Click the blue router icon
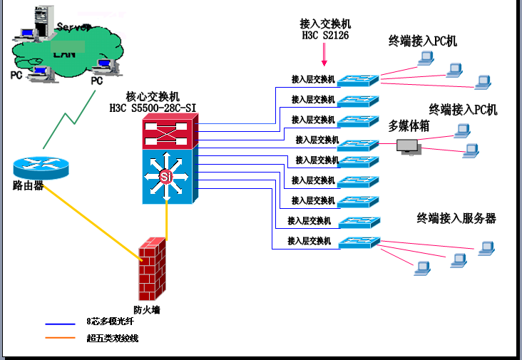point(41,165)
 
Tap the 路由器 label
point(29,186)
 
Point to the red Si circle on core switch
point(166,176)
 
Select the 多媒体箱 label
point(409,126)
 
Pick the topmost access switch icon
point(359,79)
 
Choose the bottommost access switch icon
point(359,242)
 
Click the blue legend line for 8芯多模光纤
point(60,323)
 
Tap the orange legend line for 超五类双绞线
point(60,338)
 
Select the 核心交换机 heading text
point(153,96)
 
